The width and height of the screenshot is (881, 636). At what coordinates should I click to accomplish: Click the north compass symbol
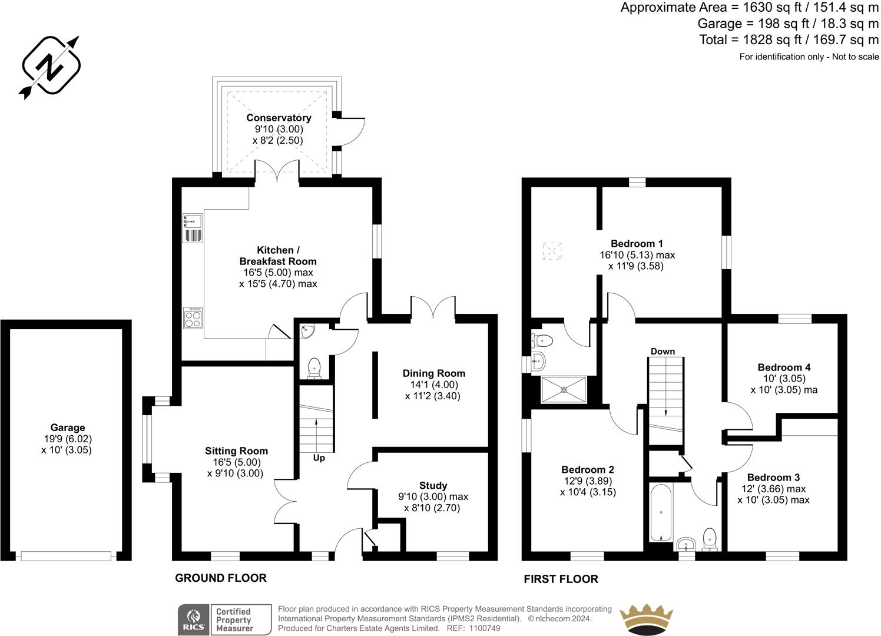click(51, 67)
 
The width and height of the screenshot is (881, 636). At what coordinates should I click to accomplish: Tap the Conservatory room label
click(279, 118)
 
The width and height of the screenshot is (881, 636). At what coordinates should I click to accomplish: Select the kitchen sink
click(193, 221)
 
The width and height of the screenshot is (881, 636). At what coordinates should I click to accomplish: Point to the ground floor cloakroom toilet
click(314, 368)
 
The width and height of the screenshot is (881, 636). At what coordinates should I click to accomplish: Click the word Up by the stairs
click(319, 458)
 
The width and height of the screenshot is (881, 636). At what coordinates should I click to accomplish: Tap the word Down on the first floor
click(663, 352)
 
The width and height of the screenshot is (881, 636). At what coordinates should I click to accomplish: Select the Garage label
click(67, 428)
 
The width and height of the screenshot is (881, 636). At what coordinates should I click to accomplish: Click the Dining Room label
click(433, 373)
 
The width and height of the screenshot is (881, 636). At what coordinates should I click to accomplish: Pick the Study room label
click(433, 486)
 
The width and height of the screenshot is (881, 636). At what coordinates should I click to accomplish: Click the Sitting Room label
click(236, 451)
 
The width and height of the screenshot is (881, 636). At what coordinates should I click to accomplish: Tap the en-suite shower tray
click(564, 389)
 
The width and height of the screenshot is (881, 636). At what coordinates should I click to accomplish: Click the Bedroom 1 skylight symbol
click(552, 251)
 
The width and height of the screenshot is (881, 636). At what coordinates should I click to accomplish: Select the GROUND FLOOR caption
click(221, 578)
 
